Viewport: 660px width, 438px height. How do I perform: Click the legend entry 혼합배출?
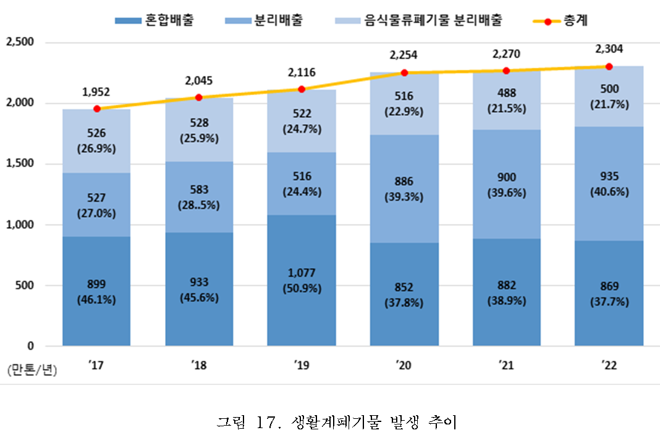pyautogui.click(x=155, y=21)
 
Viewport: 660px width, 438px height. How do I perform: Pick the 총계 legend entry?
pyautogui.click(x=559, y=21)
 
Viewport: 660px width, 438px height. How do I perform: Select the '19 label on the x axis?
pyautogui.click(x=302, y=365)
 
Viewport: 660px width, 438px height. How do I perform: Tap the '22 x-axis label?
pyautogui.click(x=609, y=365)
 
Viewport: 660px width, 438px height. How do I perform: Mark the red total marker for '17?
pyautogui.click(x=96, y=109)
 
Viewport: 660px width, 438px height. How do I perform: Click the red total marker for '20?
pyautogui.click(x=404, y=73)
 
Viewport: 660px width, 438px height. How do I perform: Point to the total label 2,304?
pyautogui.click(x=609, y=48)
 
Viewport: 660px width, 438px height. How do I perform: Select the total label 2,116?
pyautogui.click(x=302, y=72)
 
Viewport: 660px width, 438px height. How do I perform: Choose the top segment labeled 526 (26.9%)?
pyautogui.click(x=96, y=141)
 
